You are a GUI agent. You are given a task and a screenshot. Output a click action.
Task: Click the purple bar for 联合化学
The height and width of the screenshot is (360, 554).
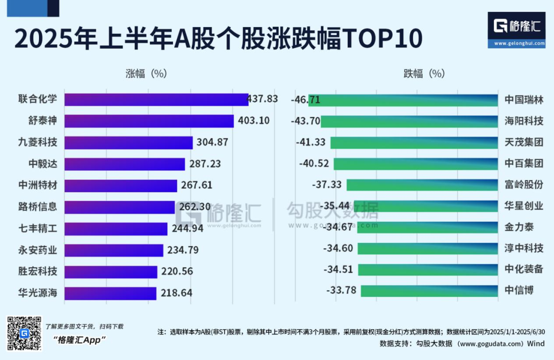click(x=156, y=99)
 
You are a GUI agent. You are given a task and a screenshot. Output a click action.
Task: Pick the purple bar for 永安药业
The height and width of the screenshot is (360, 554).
click(x=114, y=250)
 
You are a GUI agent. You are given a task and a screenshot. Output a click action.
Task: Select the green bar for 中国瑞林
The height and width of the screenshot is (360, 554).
click(x=403, y=99)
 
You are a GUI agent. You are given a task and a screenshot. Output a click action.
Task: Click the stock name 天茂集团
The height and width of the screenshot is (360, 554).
click(x=523, y=142)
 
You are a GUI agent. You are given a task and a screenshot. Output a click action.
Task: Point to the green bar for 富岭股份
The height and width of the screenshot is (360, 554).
click(x=422, y=185)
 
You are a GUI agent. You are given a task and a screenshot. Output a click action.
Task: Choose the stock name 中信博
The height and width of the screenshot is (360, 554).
click(x=519, y=291)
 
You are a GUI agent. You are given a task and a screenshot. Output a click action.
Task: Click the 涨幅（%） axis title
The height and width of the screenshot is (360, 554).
click(x=147, y=73)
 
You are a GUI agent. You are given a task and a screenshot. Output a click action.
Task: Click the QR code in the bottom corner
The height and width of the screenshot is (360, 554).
click(x=24, y=333)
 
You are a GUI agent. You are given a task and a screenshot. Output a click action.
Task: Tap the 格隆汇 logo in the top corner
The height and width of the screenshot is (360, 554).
click(x=516, y=29)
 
